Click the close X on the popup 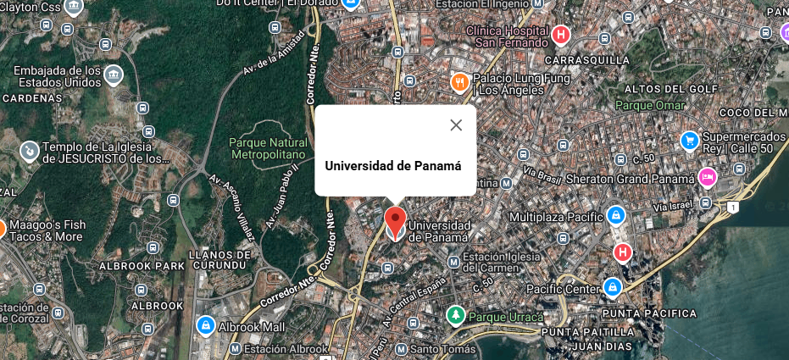[456, 125]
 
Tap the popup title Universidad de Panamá [393, 166]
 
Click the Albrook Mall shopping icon [204, 324]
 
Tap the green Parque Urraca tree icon [456, 316]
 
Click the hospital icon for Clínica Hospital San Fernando [560, 36]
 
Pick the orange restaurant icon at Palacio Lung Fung [459, 82]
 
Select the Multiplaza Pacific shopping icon [618, 216]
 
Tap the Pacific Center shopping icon [611, 289]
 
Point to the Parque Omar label [645, 106]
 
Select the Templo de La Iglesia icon [29, 151]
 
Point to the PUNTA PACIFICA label [653, 313]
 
